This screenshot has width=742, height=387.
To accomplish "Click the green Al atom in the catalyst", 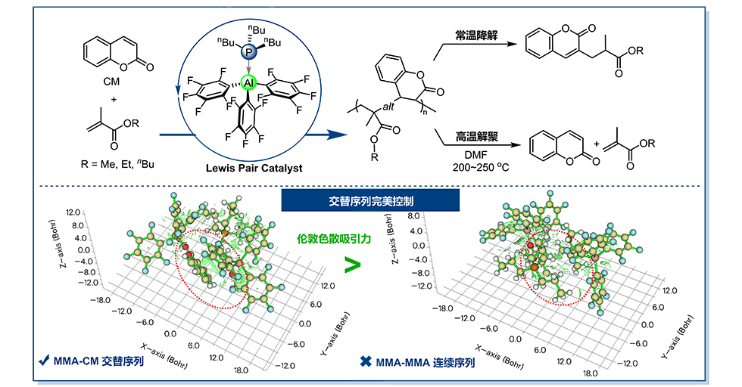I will [248, 82].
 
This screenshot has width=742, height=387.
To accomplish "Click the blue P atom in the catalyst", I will [248, 53].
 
